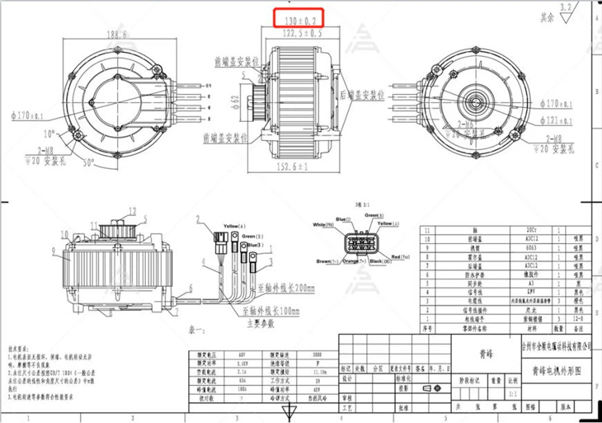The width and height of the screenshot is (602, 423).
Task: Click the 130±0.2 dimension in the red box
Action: [299, 20]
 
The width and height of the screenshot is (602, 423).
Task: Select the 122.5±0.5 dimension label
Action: [299, 33]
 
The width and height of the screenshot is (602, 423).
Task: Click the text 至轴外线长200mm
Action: [286, 289]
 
